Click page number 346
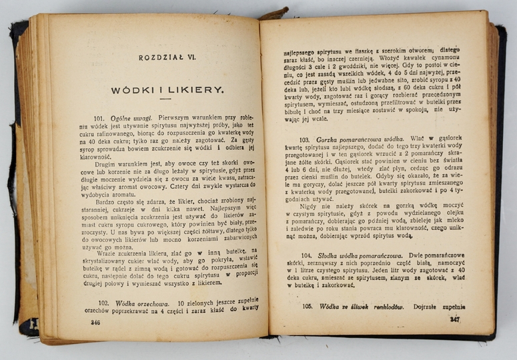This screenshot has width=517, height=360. [95, 322]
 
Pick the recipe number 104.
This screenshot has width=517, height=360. [307, 255]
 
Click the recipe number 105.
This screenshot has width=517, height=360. [308, 307]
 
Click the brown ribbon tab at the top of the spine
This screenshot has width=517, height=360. [274, 13]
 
